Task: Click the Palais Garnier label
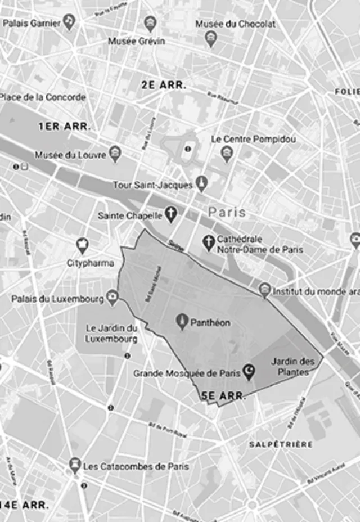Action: tap(33, 23)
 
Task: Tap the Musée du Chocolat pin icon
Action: tap(211, 38)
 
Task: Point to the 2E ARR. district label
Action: tap(164, 85)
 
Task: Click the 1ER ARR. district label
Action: tap(64, 127)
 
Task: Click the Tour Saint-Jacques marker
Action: tap(201, 183)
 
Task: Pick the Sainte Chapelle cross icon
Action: tap(170, 214)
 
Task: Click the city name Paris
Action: tap(227, 212)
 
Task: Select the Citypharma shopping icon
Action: tap(83, 245)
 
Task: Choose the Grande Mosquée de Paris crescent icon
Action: tap(249, 370)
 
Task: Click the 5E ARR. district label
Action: tap(223, 396)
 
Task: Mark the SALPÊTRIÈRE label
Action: tap(281, 444)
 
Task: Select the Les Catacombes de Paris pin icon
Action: tap(74, 465)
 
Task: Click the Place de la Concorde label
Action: tap(42, 97)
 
